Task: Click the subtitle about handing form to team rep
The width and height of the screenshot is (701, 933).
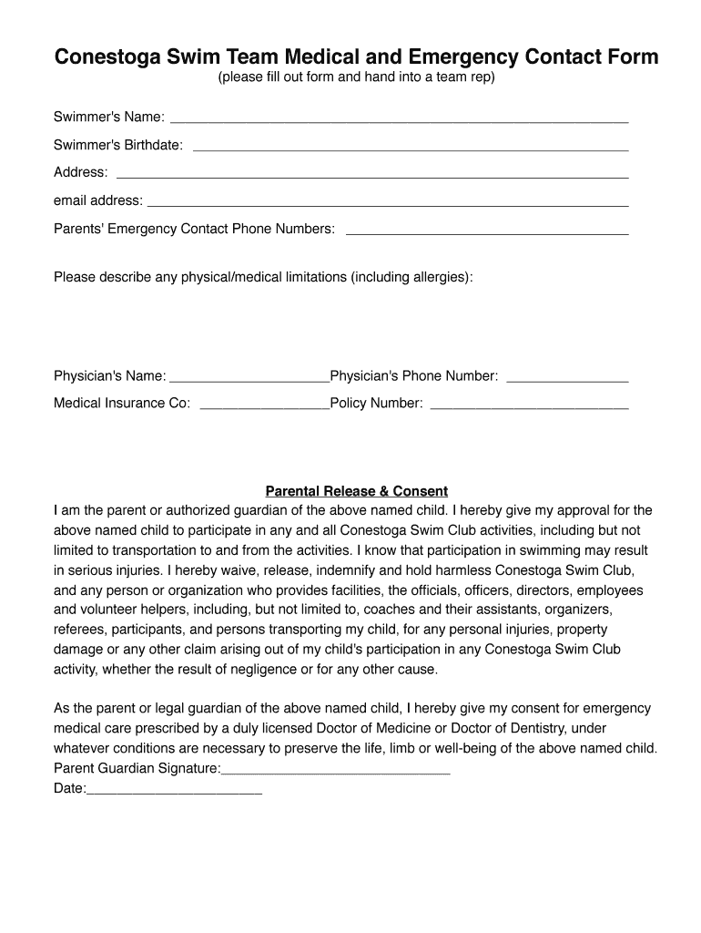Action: [356, 77]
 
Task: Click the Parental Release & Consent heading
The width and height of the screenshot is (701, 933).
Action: [356, 491]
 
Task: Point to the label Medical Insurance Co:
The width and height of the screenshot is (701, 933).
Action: [122, 404]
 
